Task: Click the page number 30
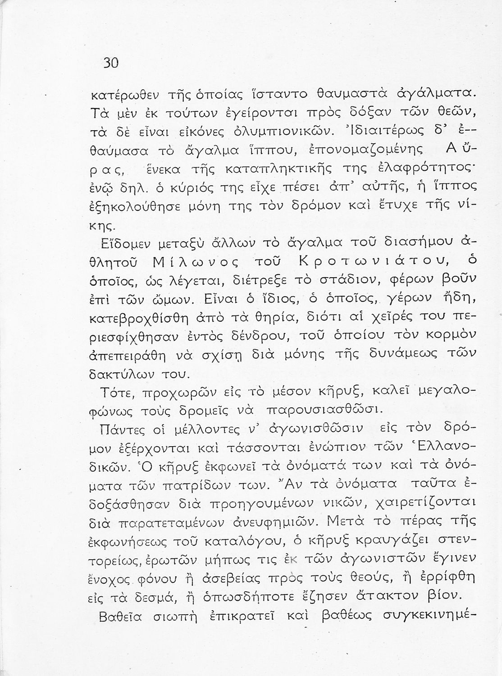pos(110,63)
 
